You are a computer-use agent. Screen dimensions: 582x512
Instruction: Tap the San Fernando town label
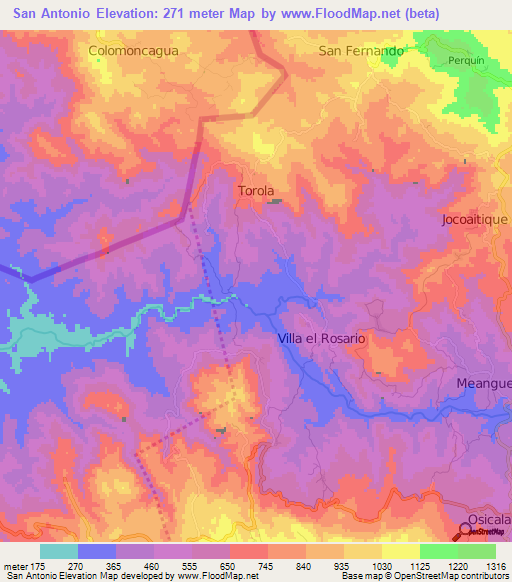tap(361, 50)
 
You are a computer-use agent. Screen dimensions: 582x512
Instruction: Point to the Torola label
tap(256, 190)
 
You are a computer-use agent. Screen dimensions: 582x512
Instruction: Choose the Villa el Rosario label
tap(321, 339)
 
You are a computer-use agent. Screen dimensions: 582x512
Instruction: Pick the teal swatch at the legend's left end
tap(59, 551)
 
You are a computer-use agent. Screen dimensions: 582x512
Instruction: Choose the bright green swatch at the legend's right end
tap(476, 551)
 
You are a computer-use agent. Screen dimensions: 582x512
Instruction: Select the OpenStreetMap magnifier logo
tap(468, 529)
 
